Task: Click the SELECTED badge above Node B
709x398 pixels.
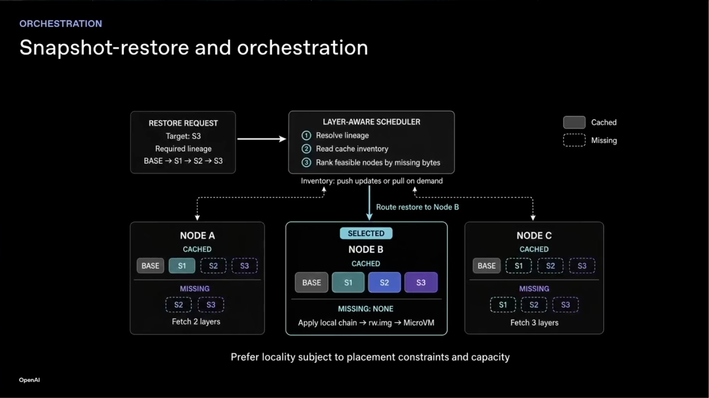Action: (x=366, y=233)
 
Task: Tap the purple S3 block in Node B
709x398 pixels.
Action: (x=421, y=282)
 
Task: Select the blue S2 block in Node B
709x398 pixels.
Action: (x=384, y=282)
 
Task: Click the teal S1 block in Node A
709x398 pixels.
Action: (x=182, y=265)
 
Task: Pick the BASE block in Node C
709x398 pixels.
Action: (x=486, y=265)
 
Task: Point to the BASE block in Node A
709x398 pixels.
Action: (x=150, y=265)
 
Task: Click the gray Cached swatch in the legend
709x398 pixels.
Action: (x=574, y=122)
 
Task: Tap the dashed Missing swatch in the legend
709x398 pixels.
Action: (x=574, y=140)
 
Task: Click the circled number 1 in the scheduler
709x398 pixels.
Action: (x=306, y=136)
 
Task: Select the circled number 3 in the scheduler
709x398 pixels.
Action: (x=306, y=163)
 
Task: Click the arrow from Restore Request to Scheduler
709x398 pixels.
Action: (x=262, y=139)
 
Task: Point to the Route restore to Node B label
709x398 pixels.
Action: (x=417, y=207)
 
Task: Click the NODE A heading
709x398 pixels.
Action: (x=197, y=235)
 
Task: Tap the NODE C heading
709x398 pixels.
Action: (x=534, y=235)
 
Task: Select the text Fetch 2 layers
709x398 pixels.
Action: (x=196, y=321)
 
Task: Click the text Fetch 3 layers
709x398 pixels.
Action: (x=534, y=323)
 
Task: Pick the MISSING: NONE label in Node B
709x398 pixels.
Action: (x=366, y=309)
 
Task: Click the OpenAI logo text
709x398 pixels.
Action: (x=29, y=380)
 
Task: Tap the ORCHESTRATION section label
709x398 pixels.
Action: (x=61, y=23)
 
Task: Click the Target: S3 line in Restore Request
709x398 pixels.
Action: (x=183, y=136)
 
